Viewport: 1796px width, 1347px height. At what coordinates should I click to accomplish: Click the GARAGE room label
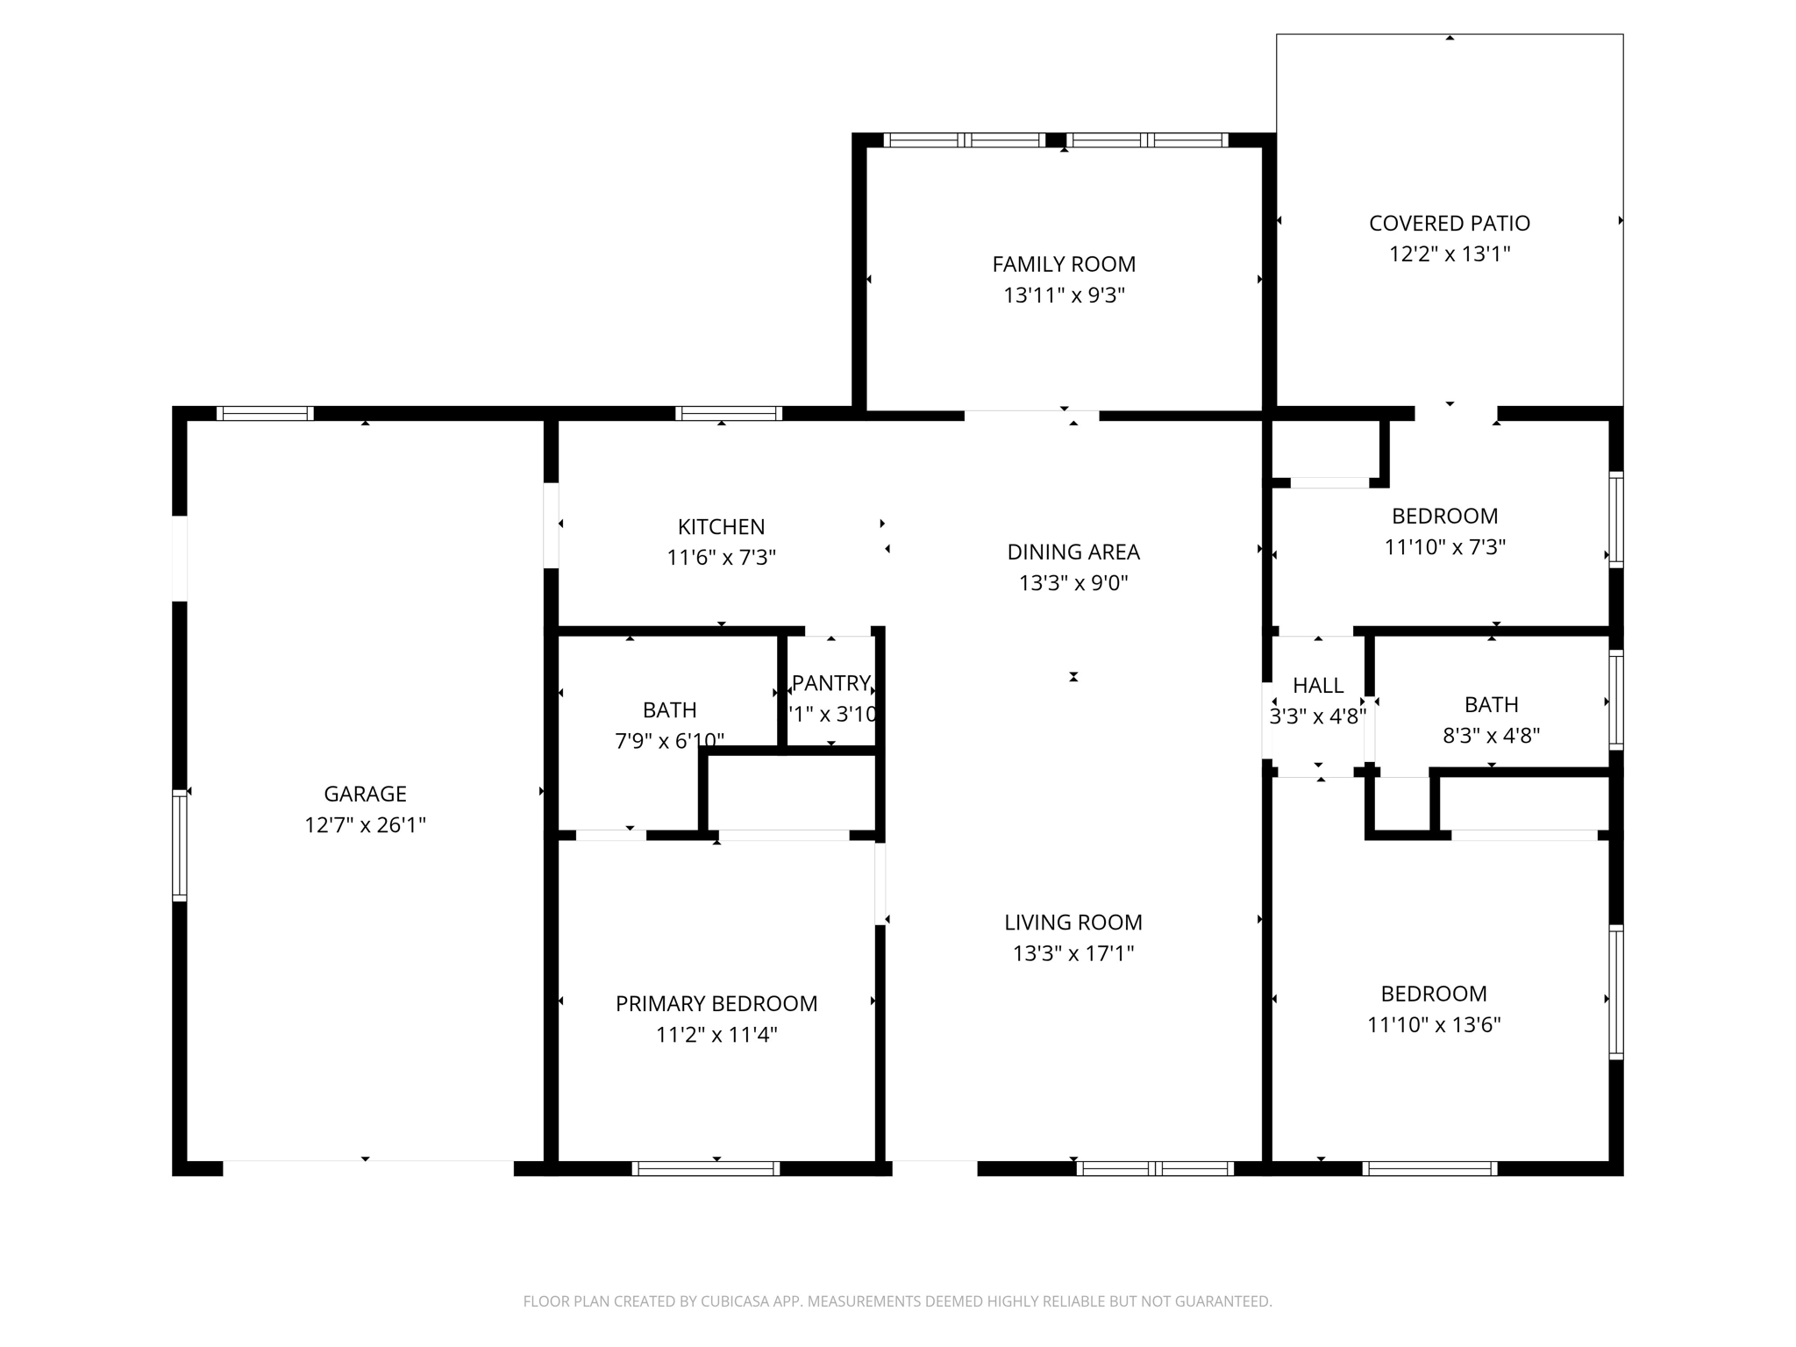365,794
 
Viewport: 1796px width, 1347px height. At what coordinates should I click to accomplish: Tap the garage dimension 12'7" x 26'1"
365,825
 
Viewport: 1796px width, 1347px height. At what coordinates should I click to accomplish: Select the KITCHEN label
721,527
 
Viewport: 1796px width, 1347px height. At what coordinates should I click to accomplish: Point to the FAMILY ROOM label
1064,264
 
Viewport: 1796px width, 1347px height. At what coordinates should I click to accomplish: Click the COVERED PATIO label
1449,224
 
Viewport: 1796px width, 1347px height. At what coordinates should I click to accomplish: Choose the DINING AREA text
1073,552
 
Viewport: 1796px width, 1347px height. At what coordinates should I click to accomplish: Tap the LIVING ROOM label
1073,923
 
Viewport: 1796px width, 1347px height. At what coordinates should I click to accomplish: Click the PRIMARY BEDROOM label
716,1004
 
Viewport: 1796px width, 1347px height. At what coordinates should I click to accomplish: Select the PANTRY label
830,683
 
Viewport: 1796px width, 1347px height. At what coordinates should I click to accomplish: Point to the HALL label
1317,686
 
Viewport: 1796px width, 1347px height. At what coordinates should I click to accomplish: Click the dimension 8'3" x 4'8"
1491,736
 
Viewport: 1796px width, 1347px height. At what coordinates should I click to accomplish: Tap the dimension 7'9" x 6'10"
669,741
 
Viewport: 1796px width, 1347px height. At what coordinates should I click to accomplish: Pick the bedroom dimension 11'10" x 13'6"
1434,1024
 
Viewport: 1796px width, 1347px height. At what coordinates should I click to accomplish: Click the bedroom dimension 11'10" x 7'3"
1444,547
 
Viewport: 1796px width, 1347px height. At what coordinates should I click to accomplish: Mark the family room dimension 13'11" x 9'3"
1064,296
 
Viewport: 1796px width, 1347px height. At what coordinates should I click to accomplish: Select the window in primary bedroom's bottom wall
706,1168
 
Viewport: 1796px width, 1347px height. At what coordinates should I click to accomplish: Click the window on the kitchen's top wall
729,413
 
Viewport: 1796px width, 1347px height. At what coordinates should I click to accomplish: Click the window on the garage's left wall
180,845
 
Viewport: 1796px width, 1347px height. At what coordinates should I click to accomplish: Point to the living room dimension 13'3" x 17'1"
1073,954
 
